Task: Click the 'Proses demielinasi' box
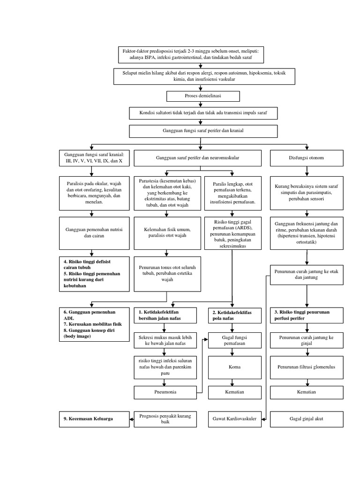tap(203, 96)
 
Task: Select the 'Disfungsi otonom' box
tap(307, 158)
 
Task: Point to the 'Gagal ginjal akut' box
tap(307, 419)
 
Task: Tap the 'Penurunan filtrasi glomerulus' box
tap(307, 367)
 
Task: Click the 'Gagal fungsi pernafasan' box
tap(232, 340)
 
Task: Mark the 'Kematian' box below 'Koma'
tap(232, 392)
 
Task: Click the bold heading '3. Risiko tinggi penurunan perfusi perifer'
tap(307, 315)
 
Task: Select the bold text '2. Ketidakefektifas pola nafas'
tap(232, 315)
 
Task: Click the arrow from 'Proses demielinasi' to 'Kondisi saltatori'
tap(203, 105)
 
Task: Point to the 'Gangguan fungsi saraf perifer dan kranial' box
tap(203, 130)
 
